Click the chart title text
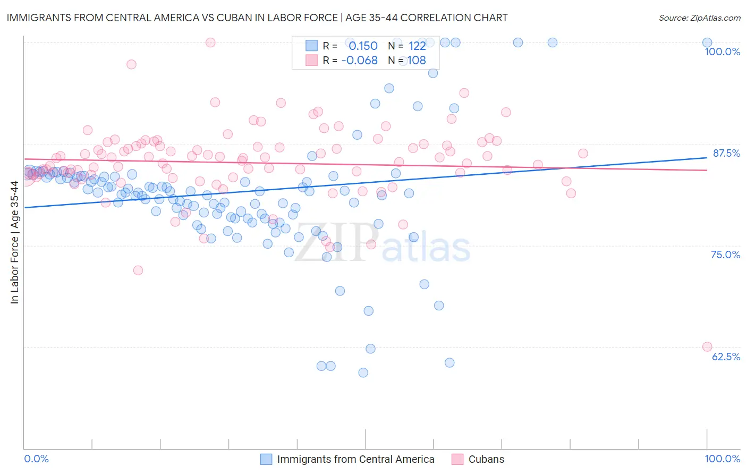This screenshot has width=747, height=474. [x=257, y=18]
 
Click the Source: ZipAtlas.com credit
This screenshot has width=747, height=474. [x=699, y=18]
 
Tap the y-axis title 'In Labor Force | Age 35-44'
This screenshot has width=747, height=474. [x=14, y=242]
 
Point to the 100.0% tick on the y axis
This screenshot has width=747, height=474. [x=722, y=52]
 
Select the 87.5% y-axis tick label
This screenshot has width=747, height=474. [x=726, y=153]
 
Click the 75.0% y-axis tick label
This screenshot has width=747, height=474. [x=725, y=255]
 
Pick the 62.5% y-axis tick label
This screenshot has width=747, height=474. [x=726, y=357]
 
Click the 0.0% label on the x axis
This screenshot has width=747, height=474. [x=36, y=459]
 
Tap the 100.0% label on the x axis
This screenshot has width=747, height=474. [x=722, y=459]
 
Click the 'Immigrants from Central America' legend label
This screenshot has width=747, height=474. [x=355, y=459]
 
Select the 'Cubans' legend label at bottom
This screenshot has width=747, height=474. [x=486, y=459]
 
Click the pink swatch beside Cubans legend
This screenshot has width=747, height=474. [x=457, y=459]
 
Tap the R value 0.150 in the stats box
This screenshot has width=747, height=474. [x=363, y=46]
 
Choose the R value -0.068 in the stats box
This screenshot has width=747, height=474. [x=359, y=61]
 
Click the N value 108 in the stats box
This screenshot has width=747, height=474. [x=417, y=61]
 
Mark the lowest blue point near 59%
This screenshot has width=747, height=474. [x=363, y=373]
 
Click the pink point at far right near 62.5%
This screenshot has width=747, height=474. [x=707, y=346]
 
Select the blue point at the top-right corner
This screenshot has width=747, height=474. [x=707, y=43]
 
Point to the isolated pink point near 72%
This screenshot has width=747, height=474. [x=138, y=270]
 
